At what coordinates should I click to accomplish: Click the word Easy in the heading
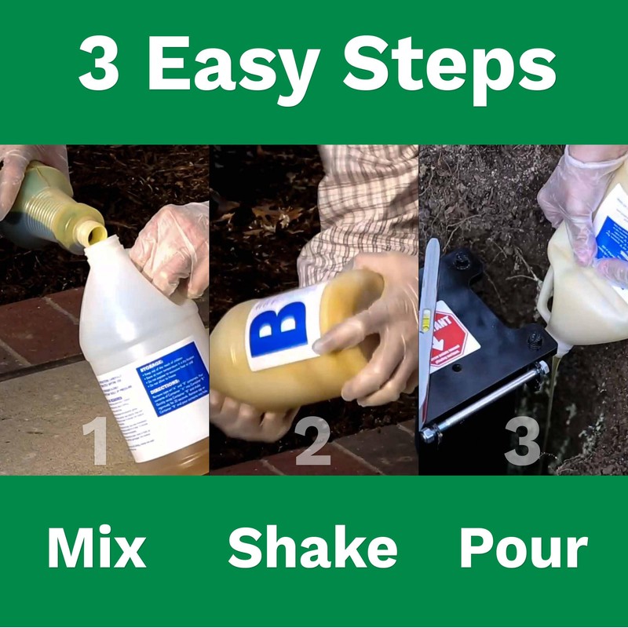235,67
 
